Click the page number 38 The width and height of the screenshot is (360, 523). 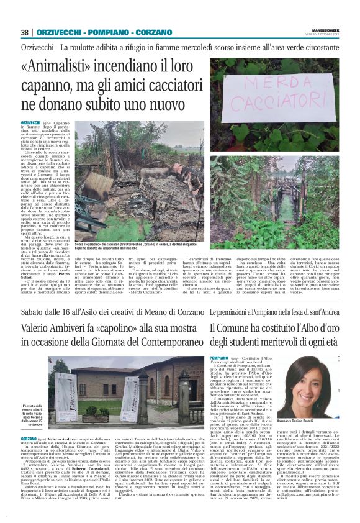coord(25,32)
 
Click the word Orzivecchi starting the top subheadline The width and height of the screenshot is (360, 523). coord(38,47)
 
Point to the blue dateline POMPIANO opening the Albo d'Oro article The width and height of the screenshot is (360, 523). coord(220,358)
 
